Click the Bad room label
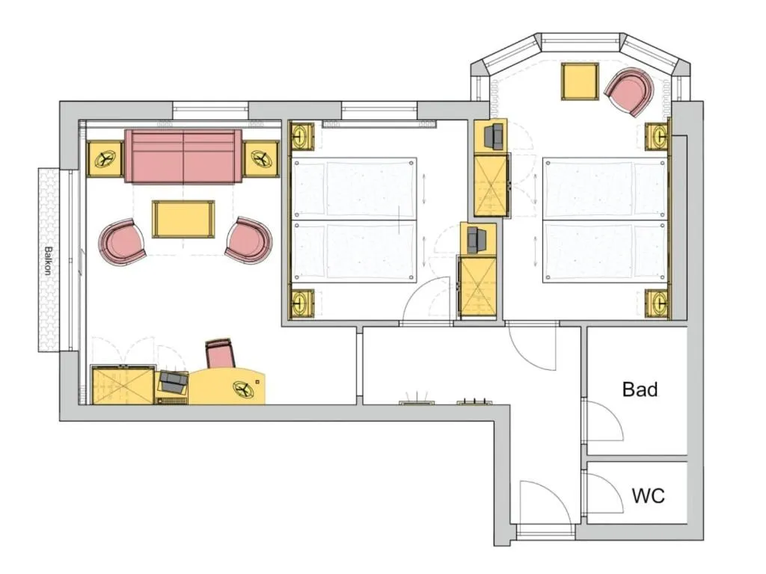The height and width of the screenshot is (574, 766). [x=640, y=389]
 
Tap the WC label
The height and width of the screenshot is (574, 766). [x=648, y=496]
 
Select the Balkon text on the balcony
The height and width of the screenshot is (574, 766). [x=48, y=262]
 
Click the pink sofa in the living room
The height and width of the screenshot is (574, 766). [x=183, y=156]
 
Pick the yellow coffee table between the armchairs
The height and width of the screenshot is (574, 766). [x=183, y=219]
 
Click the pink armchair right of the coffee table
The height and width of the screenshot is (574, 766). [x=248, y=240]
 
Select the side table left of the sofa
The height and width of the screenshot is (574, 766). [x=105, y=159]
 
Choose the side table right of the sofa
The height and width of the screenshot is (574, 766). [x=261, y=159]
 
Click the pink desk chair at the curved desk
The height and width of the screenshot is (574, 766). [x=221, y=353]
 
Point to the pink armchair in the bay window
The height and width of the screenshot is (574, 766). [x=629, y=91]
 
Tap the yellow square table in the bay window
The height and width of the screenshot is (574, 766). [x=580, y=82]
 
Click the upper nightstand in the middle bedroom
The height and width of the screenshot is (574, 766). [x=301, y=137]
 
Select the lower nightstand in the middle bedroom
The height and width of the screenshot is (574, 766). [x=301, y=303]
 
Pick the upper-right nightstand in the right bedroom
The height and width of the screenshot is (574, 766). [x=658, y=137]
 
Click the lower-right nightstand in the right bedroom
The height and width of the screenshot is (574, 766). [x=658, y=303]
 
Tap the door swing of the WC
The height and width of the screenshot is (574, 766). [x=604, y=494]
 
